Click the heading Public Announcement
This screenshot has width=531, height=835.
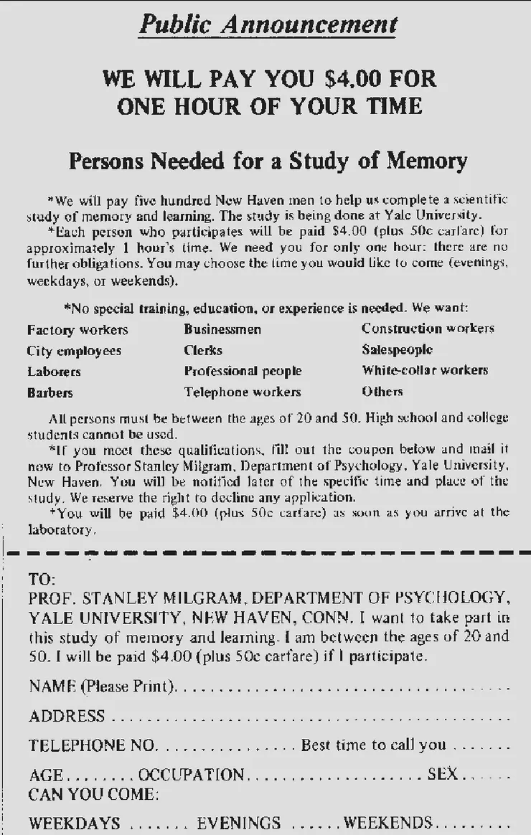click(x=268, y=24)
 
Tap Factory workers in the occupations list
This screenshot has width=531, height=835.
click(x=77, y=330)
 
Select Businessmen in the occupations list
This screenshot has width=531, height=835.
click(x=222, y=330)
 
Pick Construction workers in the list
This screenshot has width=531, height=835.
click(x=428, y=329)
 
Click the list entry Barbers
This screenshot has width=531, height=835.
click(x=50, y=393)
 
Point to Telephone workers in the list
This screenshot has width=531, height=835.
click(x=243, y=392)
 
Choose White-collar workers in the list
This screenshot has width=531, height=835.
click(x=425, y=371)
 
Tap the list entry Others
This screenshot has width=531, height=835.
click(x=382, y=392)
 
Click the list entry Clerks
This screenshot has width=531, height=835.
click(x=203, y=351)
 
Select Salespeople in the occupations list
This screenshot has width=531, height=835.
click(x=397, y=350)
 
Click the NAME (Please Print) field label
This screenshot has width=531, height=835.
click(x=102, y=687)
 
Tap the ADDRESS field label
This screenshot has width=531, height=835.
click(x=67, y=716)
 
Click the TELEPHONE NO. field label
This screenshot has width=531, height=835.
click(x=92, y=745)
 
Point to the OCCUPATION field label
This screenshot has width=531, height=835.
click(x=191, y=775)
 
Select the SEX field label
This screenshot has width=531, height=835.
click(x=442, y=775)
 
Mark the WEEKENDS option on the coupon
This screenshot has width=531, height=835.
click(x=387, y=822)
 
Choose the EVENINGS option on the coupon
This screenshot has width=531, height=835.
click(x=238, y=822)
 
